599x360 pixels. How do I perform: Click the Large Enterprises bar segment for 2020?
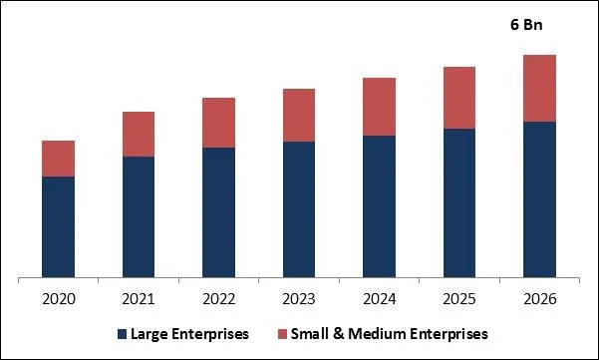(58, 226)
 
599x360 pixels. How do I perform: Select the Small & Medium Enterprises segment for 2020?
(58, 159)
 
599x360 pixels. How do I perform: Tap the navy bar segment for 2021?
(139, 216)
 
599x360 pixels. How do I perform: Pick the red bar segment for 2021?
(139, 134)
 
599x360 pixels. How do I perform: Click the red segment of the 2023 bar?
(299, 115)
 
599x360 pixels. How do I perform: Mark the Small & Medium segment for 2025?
(459, 98)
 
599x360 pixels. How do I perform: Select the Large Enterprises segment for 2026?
(539, 198)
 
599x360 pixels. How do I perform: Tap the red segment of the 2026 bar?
(539, 88)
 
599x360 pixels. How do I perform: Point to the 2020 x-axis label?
(58, 298)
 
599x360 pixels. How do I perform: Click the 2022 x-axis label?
(218, 298)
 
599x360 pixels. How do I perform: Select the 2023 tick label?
(299, 298)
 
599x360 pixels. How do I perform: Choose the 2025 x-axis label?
(459, 298)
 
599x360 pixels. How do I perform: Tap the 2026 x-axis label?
(539, 298)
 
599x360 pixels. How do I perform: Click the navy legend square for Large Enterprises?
(124, 333)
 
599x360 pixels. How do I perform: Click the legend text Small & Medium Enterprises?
(389, 333)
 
